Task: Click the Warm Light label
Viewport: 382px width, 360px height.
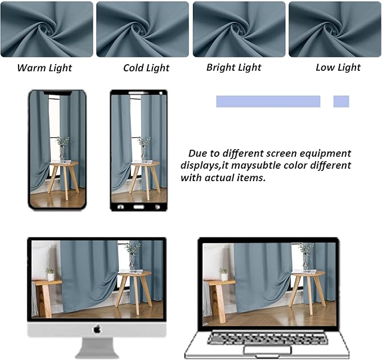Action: coord(44,68)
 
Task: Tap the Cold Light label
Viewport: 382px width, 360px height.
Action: coord(146,68)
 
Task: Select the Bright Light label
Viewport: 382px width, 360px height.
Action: coord(233,67)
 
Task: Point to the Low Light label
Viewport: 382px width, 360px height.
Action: coord(338,67)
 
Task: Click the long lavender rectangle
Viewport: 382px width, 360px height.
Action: coord(268,101)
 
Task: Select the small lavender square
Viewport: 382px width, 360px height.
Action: coord(341,101)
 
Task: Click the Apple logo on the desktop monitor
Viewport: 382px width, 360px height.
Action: coord(97,329)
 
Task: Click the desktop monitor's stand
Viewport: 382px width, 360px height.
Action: coord(97,346)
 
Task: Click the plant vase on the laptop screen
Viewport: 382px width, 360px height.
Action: coord(306,260)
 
